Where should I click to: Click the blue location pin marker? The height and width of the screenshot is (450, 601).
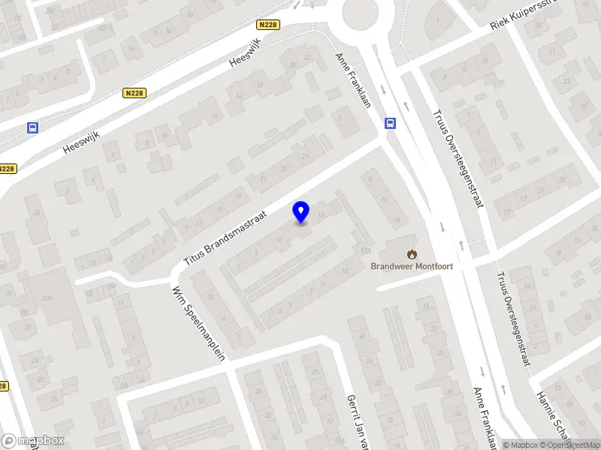tap(301, 211)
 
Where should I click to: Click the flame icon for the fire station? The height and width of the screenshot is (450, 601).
tap(412, 253)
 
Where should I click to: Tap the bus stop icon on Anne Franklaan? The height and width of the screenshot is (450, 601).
tap(390, 124)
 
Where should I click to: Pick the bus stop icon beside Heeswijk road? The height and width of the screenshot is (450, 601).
tap(32, 128)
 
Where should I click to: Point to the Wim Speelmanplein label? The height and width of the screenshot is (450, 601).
tap(198, 323)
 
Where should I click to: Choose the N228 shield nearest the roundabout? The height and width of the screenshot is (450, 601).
tap(267, 25)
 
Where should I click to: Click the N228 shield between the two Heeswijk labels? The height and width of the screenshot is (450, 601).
tap(134, 93)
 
